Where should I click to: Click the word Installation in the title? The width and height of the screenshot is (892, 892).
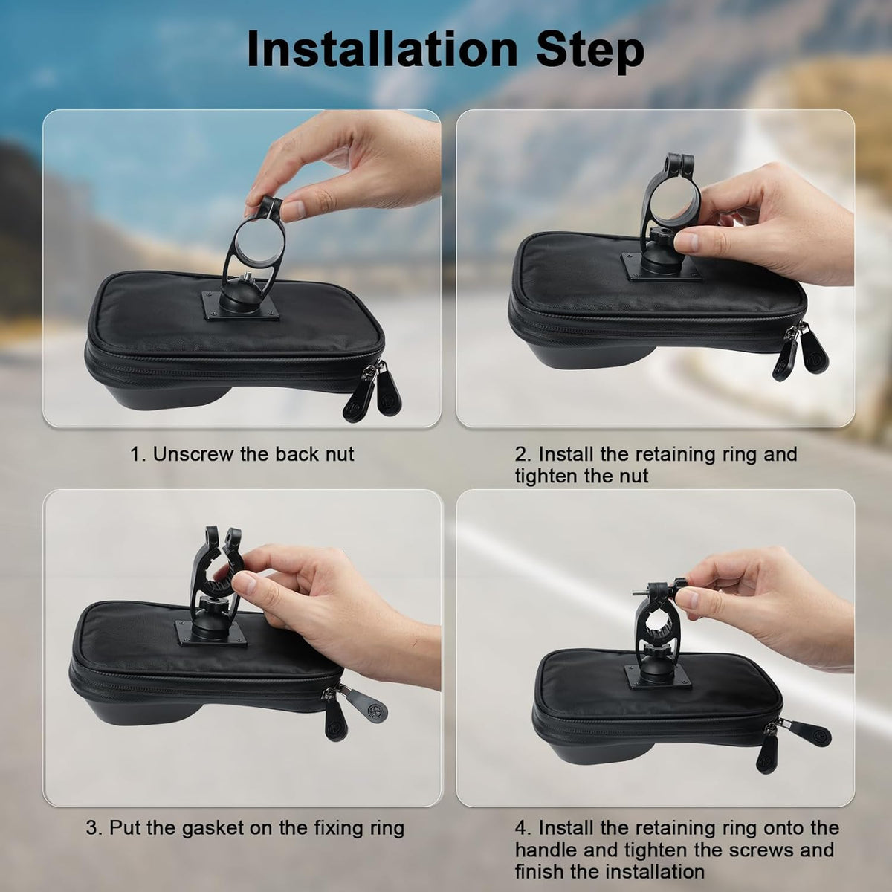click(x=381, y=51)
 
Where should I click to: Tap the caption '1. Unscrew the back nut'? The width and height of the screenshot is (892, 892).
click(x=242, y=454)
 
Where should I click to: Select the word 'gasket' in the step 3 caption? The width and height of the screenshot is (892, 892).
click(x=226, y=827)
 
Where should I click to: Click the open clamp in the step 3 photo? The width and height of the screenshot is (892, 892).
click(x=216, y=572)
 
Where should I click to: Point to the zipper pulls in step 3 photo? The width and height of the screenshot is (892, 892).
click(x=349, y=710)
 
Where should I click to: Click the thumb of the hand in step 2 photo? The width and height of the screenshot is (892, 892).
click(x=688, y=242)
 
